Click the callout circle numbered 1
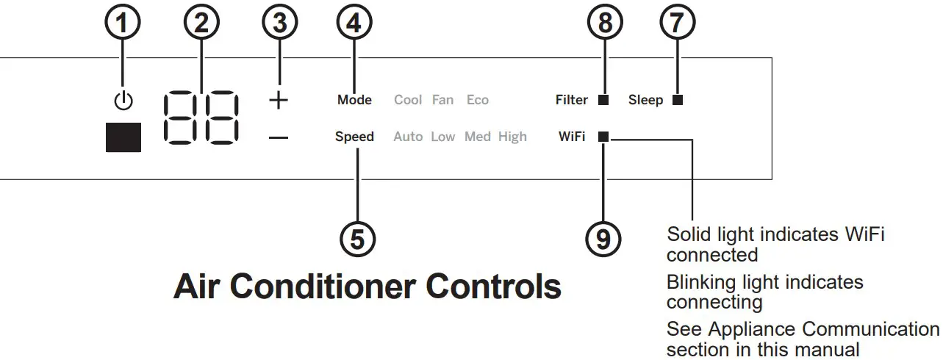click(123, 24)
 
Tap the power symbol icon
click(123, 101)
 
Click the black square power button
click(123, 137)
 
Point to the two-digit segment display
click(201, 118)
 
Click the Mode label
click(354, 100)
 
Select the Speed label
click(354, 137)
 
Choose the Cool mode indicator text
click(408, 100)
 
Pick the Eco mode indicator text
click(477, 100)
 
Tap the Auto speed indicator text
click(408, 137)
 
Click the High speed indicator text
click(512, 137)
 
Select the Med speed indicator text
click(477, 137)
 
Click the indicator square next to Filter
click(603, 100)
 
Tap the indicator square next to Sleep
click(677, 100)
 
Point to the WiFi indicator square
click(603, 137)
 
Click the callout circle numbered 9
click(603, 240)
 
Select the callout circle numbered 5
click(356, 240)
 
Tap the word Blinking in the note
click(701, 282)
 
